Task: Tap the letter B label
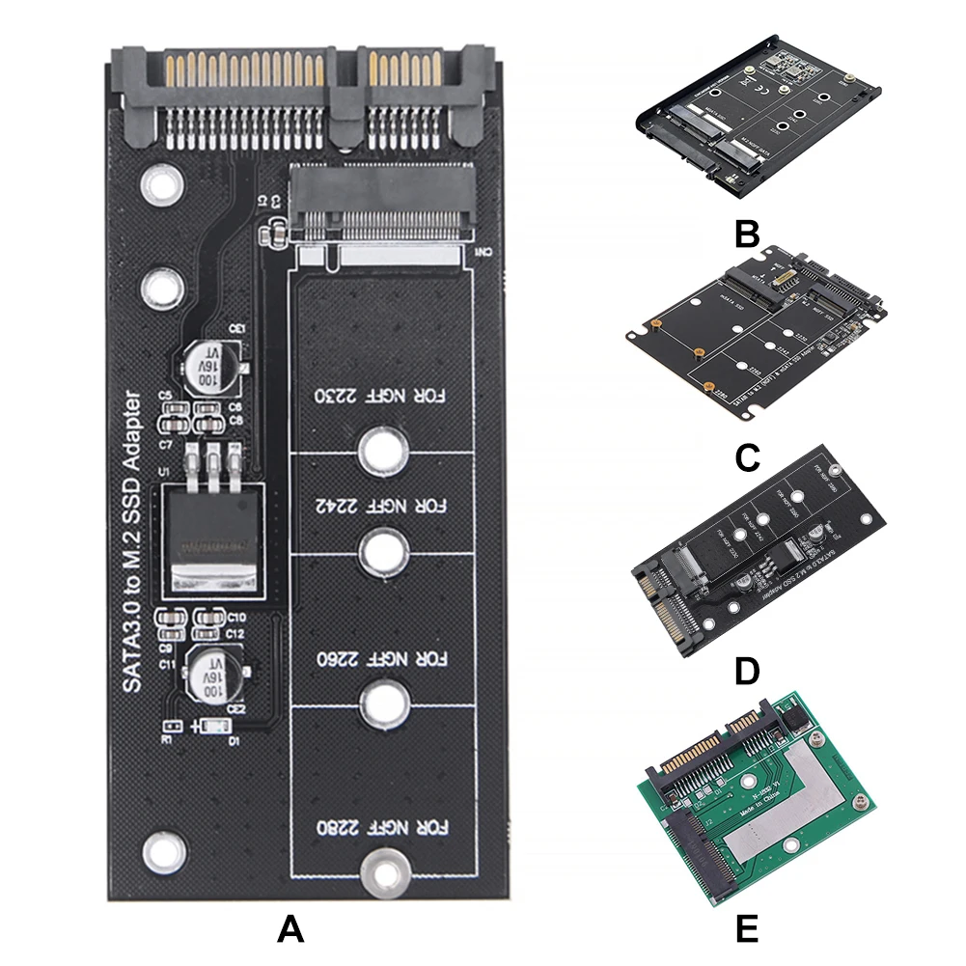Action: [746, 235]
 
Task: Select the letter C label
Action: [746, 457]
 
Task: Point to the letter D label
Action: [746, 672]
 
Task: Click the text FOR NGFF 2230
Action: [384, 397]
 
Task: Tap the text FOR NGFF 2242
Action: [384, 505]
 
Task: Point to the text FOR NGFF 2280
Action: [384, 827]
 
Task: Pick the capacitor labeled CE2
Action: [216, 676]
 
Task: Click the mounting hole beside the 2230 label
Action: [383, 448]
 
